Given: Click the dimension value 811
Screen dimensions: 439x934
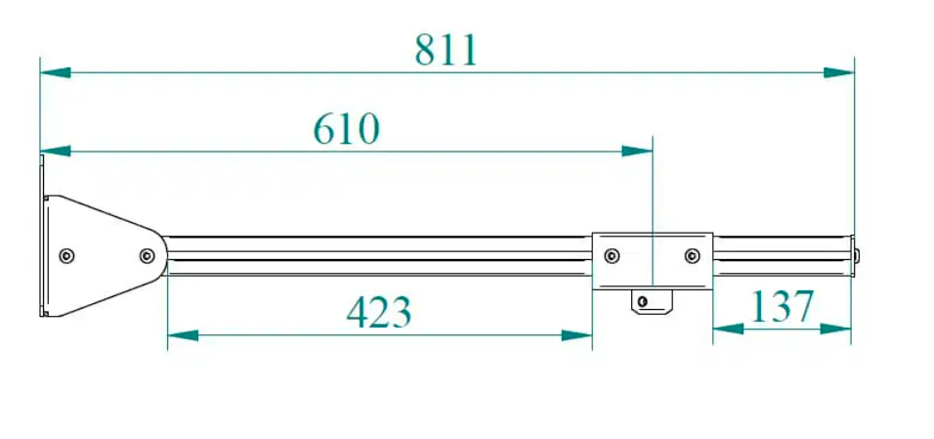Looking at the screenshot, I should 446,50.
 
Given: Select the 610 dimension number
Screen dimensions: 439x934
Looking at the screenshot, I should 346,129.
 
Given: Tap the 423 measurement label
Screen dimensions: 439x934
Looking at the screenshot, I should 379,312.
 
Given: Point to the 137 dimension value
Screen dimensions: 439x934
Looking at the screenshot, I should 782,307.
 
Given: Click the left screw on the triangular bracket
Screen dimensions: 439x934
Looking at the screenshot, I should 66,256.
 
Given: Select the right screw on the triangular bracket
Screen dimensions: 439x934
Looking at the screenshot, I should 147,256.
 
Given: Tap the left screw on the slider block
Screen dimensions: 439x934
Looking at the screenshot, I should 612,257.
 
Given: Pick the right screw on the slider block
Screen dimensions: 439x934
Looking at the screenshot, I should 692,257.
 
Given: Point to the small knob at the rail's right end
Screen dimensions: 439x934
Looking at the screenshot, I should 857,256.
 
